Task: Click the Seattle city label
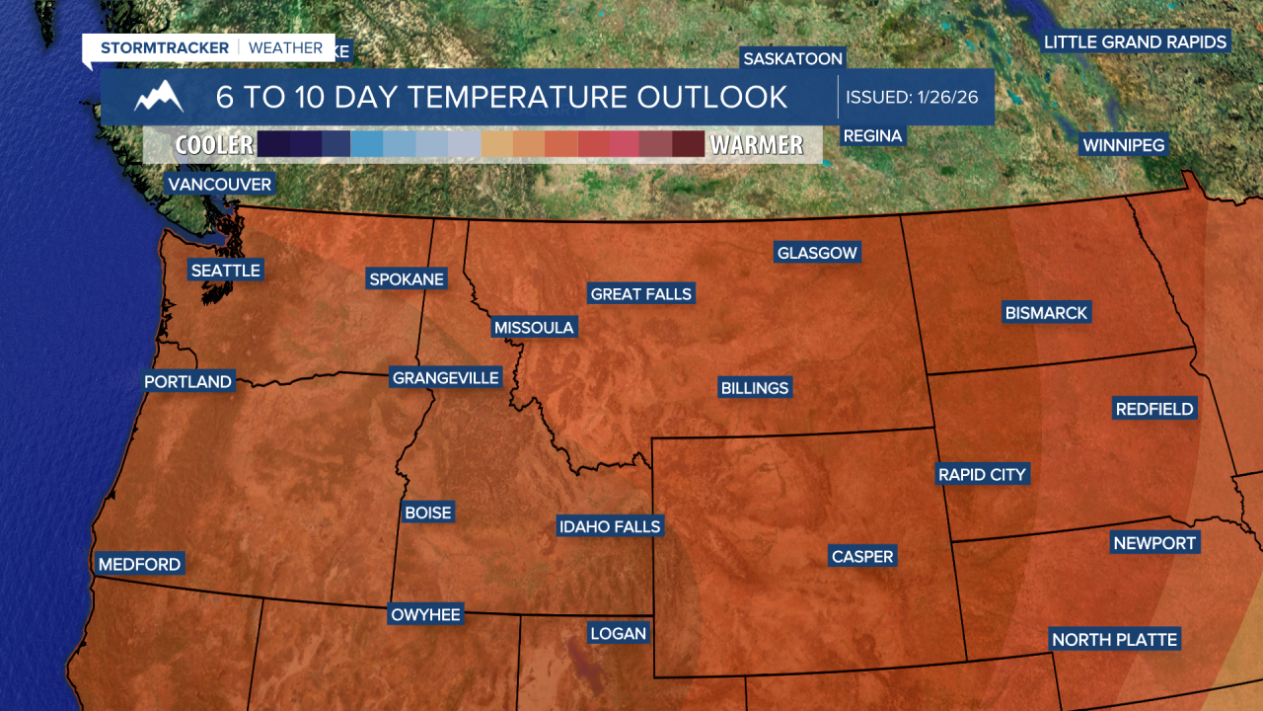pyautogui.click(x=225, y=271)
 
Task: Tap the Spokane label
pyautogui.click(x=406, y=279)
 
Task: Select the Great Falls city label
pyautogui.click(x=641, y=293)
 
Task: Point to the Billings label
pyautogui.click(x=755, y=388)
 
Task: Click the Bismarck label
pyautogui.click(x=1046, y=313)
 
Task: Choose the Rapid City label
pyautogui.click(x=982, y=475)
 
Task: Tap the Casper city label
pyautogui.click(x=862, y=557)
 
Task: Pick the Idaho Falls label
pyautogui.click(x=609, y=526)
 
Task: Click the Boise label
pyautogui.click(x=428, y=513)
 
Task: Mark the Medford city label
pyautogui.click(x=139, y=565)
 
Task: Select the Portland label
pyautogui.click(x=187, y=382)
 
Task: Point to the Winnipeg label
pyautogui.click(x=1124, y=145)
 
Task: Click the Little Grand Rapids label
pyautogui.click(x=1136, y=41)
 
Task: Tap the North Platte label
pyautogui.click(x=1114, y=640)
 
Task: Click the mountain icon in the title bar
pyautogui.click(x=159, y=97)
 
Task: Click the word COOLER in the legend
pyautogui.click(x=214, y=145)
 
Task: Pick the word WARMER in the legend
pyautogui.click(x=757, y=145)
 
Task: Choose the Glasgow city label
pyautogui.click(x=817, y=253)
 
